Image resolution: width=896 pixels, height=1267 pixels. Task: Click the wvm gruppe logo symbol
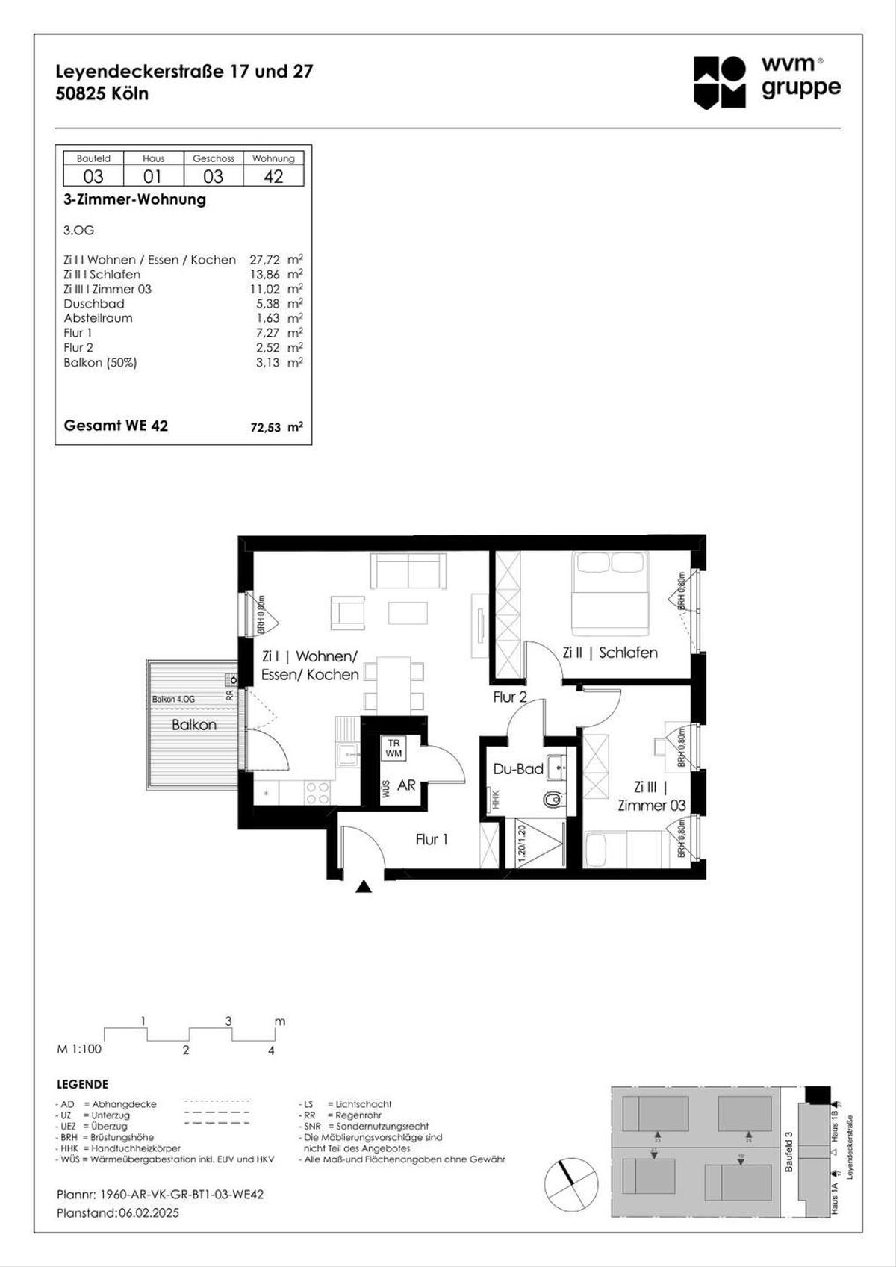[719, 82]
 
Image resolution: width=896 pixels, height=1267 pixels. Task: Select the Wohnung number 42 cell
[273, 176]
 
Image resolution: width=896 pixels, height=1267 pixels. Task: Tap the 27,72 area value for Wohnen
[265, 260]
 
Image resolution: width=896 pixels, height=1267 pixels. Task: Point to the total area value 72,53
[266, 428]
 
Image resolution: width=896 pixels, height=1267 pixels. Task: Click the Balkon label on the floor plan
[194, 724]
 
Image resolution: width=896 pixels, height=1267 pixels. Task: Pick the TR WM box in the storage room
[393, 748]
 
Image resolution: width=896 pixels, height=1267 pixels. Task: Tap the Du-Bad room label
[517, 769]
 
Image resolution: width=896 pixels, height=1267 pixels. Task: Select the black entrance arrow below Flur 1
[364, 887]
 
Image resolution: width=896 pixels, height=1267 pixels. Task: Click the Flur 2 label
[510, 697]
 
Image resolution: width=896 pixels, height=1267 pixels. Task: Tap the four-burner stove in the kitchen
[317, 792]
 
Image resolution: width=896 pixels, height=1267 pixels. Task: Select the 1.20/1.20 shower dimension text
[522, 844]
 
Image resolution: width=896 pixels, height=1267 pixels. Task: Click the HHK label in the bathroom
[494, 800]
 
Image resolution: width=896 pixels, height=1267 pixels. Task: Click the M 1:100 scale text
[79, 1049]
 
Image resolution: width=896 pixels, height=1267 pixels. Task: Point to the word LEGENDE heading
[82, 1084]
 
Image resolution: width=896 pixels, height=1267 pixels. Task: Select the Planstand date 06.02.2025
[149, 1212]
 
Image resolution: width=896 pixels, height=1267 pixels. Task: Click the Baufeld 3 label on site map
[789, 1151]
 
